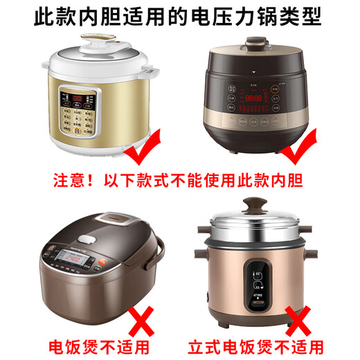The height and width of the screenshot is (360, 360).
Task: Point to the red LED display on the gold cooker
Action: coord(71,98)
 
